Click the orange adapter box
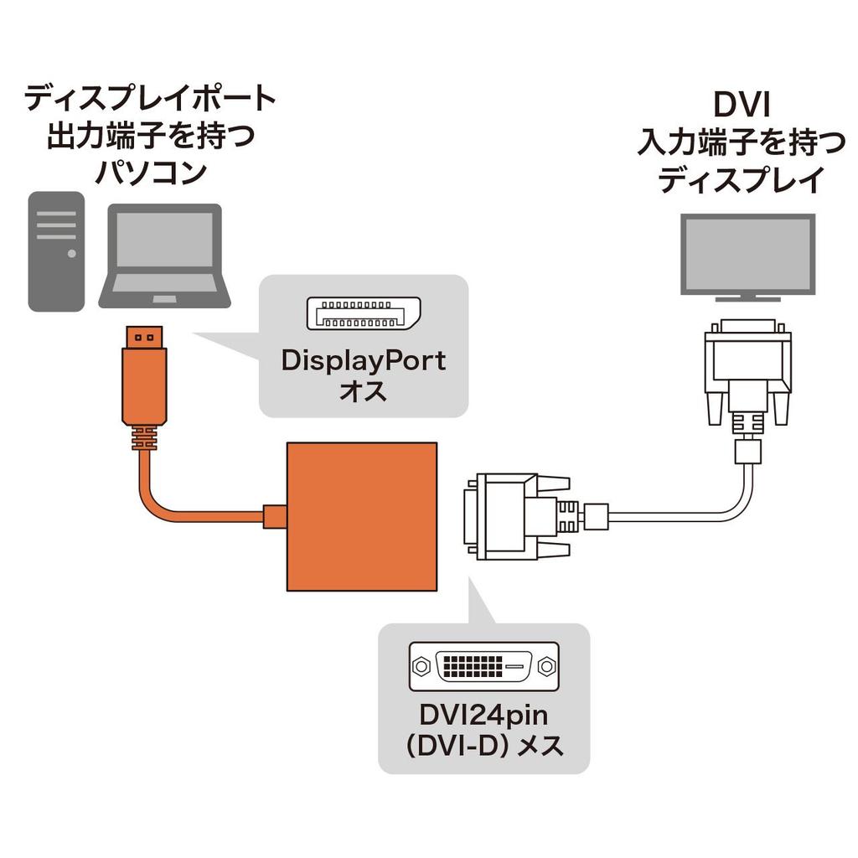[x=362, y=516]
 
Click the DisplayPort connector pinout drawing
[x=358, y=313]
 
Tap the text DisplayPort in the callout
[x=363, y=361]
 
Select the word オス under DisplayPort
[x=363, y=392]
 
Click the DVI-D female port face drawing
[x=483, y=667]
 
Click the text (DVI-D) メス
[x=483, y=745]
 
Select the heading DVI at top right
[x=742, y=106]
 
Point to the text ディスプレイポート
[x=149, y=99]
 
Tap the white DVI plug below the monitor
[x=747, y=369]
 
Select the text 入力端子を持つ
[x=742, y=143]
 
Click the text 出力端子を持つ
[x=149, y=136]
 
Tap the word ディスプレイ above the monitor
[x=742, y=180]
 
